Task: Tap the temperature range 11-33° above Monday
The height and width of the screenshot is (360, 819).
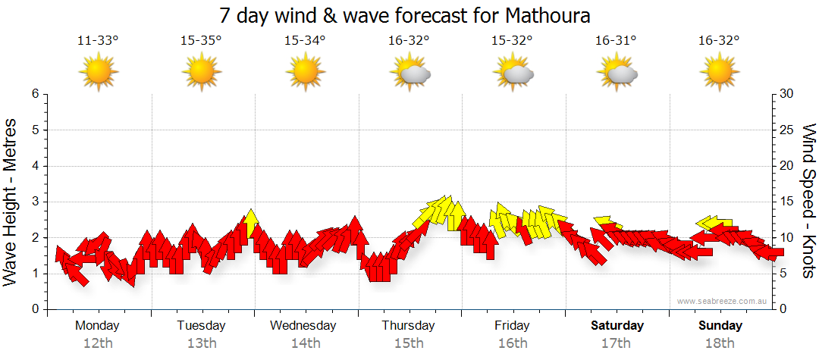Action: [x=98, y=41]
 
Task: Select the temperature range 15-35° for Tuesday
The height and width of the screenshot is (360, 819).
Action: [x=201, y=41]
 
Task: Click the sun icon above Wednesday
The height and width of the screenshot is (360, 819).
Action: [x=305, y=73]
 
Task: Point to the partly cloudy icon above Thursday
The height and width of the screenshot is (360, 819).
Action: [x=409, y=73]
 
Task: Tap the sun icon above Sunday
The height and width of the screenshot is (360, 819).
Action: [x=720, y=73]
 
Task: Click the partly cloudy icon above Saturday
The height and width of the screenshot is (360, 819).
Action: [x=617, y=73]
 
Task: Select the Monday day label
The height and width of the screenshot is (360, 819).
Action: [x=97, y=325]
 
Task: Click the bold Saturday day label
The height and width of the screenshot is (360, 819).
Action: [x=617, y=325]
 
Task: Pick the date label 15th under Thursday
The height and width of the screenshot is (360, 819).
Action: [x=409, y=343]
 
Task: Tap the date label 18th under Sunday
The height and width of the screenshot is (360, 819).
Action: [x=720, y=343]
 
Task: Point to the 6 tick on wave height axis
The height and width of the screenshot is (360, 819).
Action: [x=34, y=94]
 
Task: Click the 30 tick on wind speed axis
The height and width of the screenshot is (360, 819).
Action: [x=787, y=94]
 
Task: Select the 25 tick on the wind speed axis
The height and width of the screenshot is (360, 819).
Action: [x=787, y=130]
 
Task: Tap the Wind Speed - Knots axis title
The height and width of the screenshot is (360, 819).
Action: [x=808, y=202]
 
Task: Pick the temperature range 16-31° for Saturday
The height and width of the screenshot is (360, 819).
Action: [x=616, y=41]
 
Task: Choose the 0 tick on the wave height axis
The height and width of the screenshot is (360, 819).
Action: [x=34, y=309]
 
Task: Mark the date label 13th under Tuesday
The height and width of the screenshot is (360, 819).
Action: [x=201, y=343]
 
